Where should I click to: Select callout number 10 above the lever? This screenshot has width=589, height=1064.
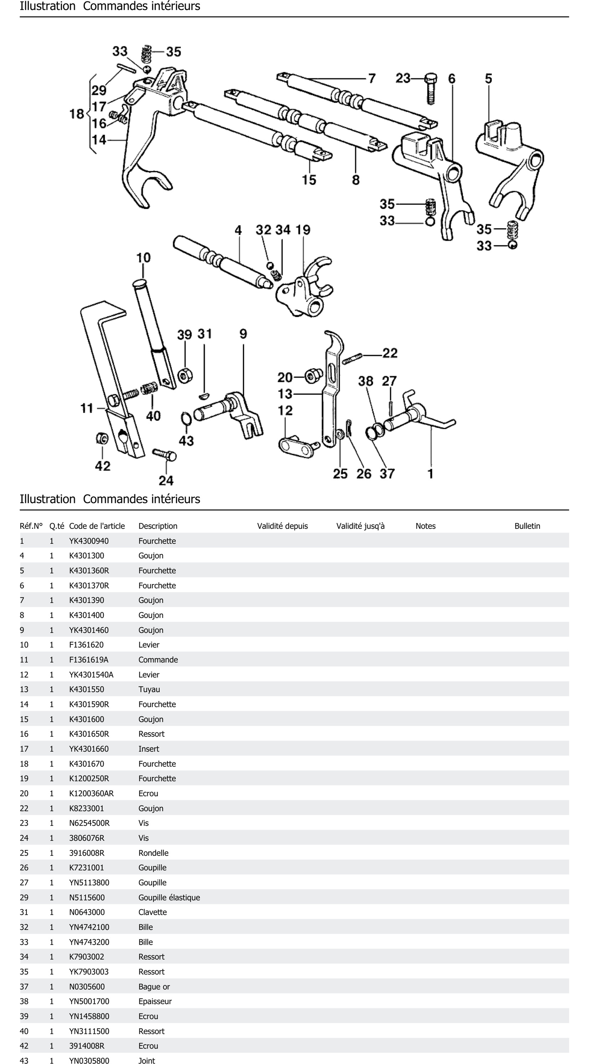(143, 258)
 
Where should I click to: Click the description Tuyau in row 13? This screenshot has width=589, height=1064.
(149, 689)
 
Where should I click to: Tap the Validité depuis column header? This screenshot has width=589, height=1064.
(282, 526)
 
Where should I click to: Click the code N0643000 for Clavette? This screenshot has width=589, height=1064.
(87, 912)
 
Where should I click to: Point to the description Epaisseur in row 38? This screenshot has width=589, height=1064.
(155, 1001)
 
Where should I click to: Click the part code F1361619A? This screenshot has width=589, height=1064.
(88, 660)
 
